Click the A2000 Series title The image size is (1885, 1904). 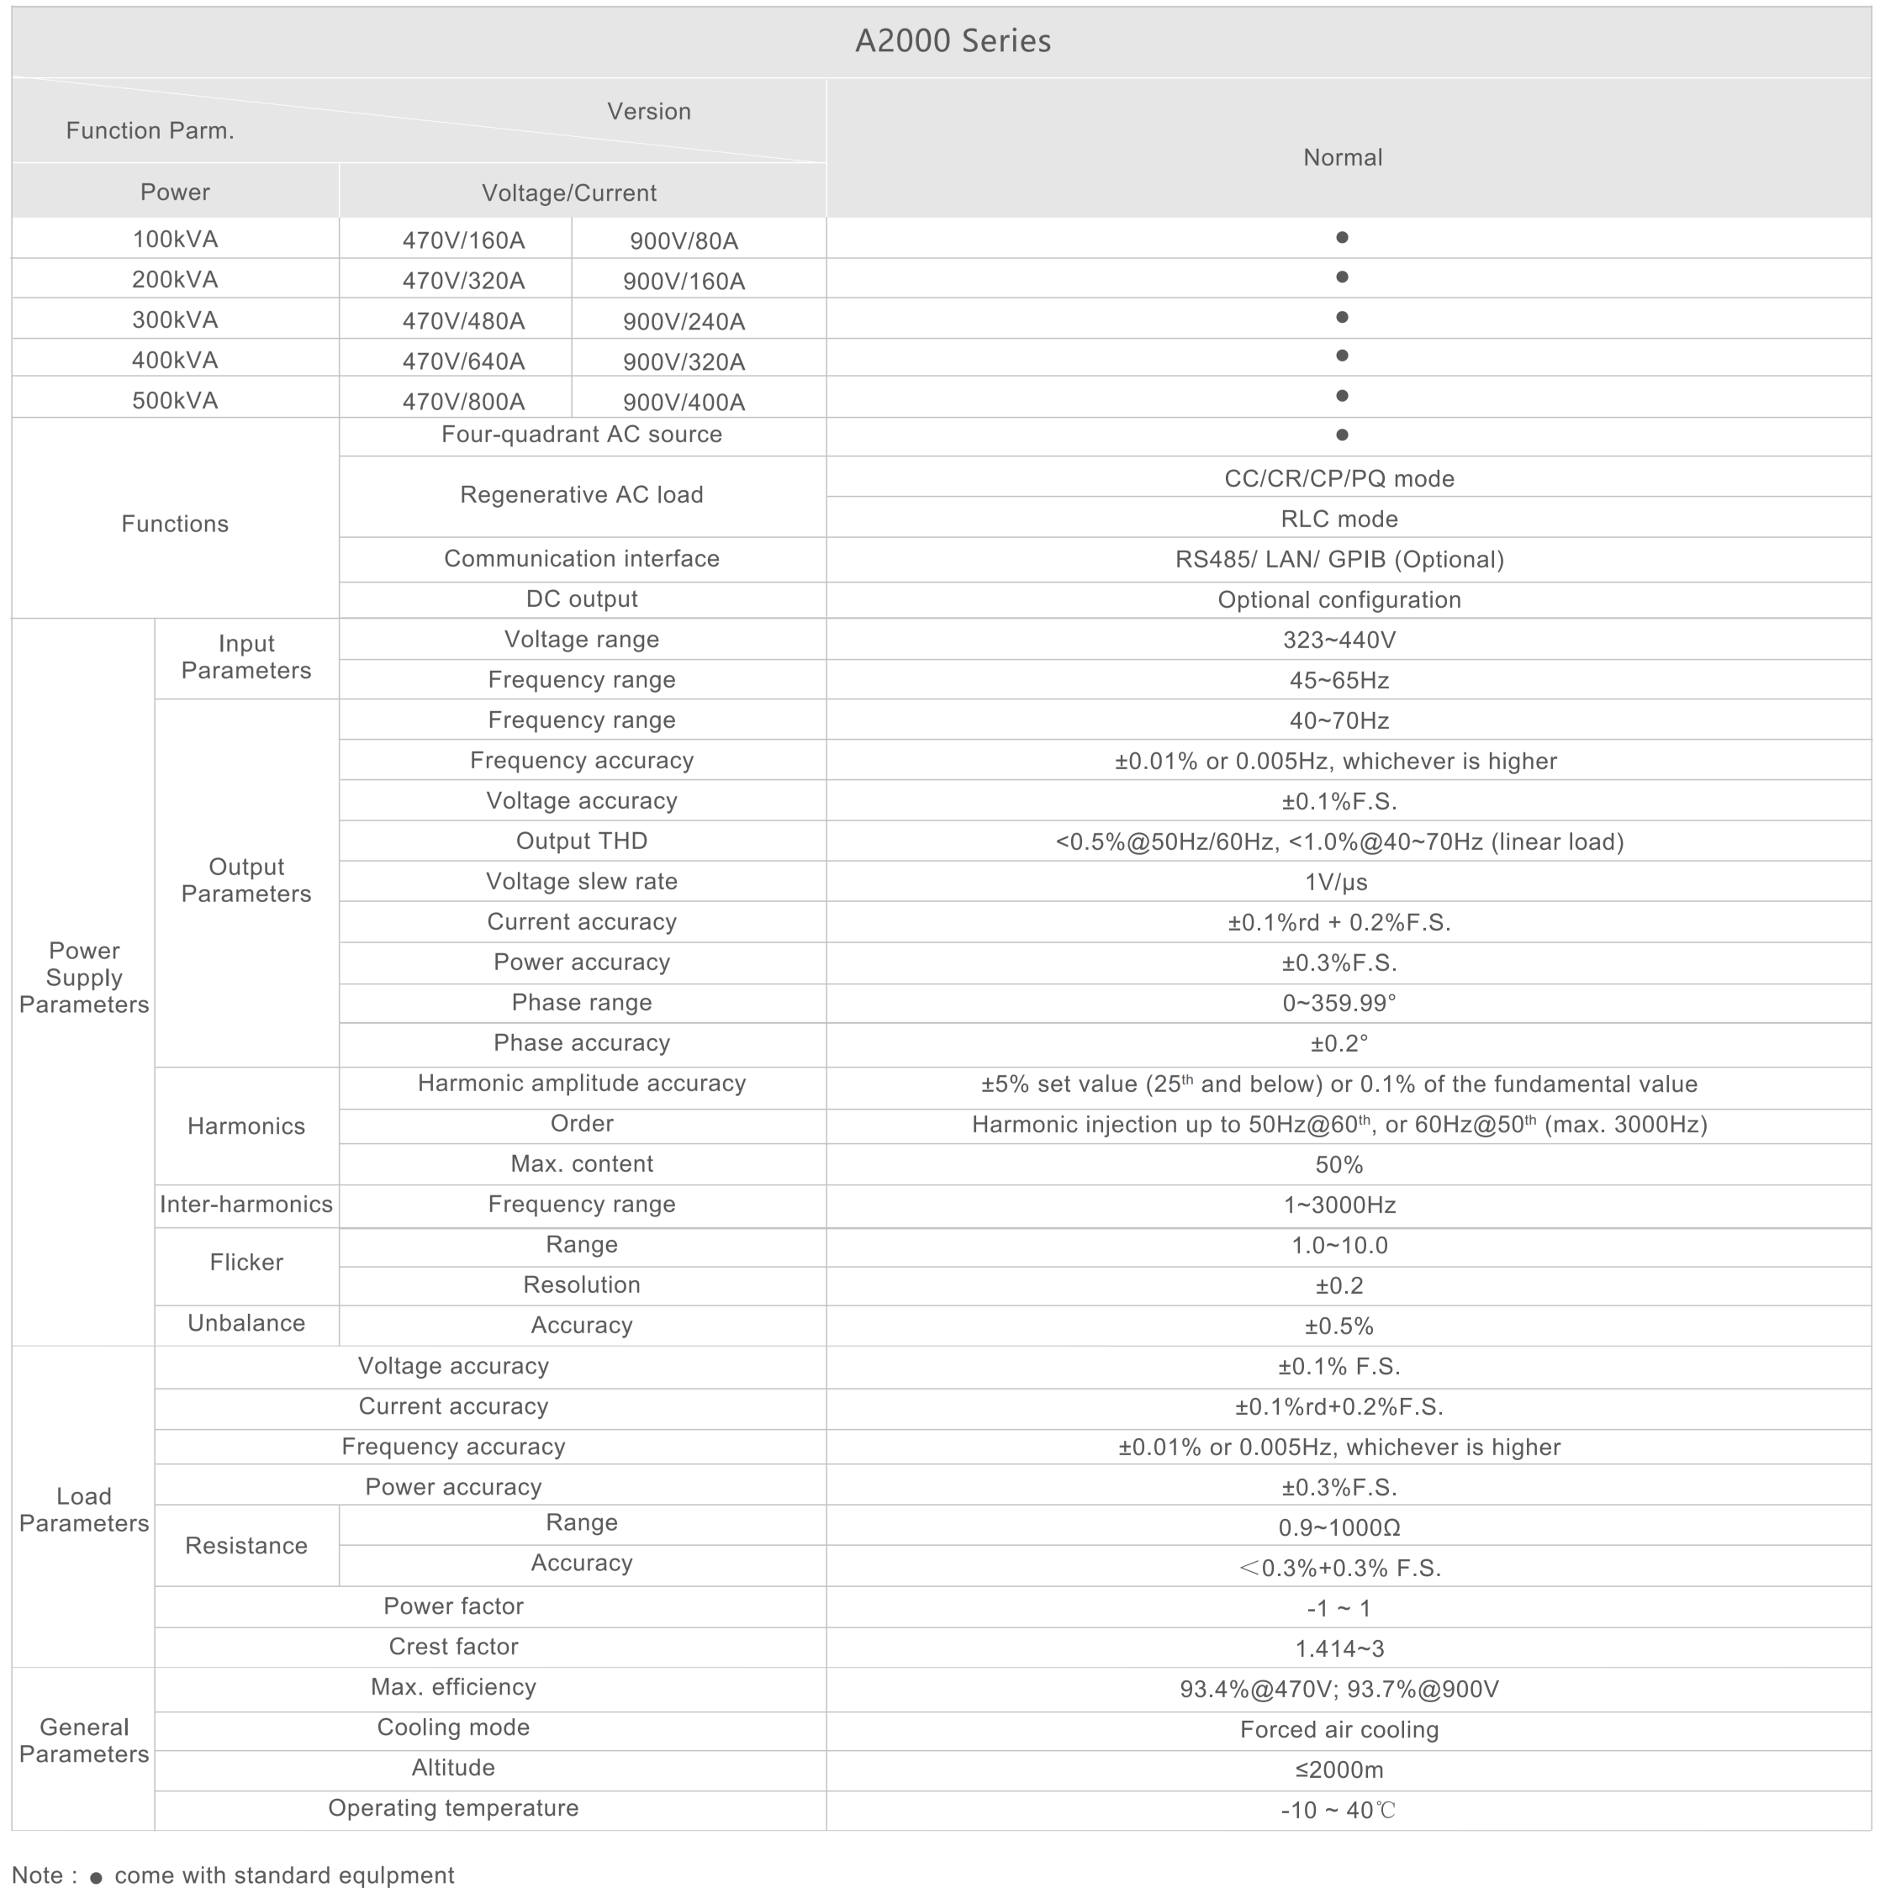pos(953,41)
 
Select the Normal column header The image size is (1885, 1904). pos(1342,158)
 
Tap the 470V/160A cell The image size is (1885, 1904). pos(463,241)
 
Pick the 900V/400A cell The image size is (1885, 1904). pos(684,402)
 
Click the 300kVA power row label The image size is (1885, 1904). pos(175,320)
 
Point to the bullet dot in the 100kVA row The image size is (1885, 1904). pos(1342,238)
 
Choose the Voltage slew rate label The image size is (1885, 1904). pos(582,882)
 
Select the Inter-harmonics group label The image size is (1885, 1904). pos(246,1205)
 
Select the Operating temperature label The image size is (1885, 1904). pos(453,1808)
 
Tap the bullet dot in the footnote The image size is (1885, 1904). pos(96,1879)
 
